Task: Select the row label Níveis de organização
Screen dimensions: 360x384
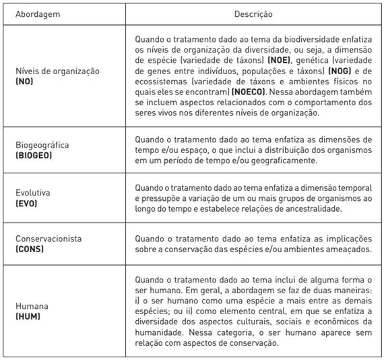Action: click(57, 71)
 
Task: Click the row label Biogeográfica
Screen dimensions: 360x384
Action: click(42, 145)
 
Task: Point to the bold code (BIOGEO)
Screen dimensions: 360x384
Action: click(34, 155)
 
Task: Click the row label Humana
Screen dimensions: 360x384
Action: click(32, 305)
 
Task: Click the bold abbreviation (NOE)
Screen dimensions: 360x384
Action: click(279, 60)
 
